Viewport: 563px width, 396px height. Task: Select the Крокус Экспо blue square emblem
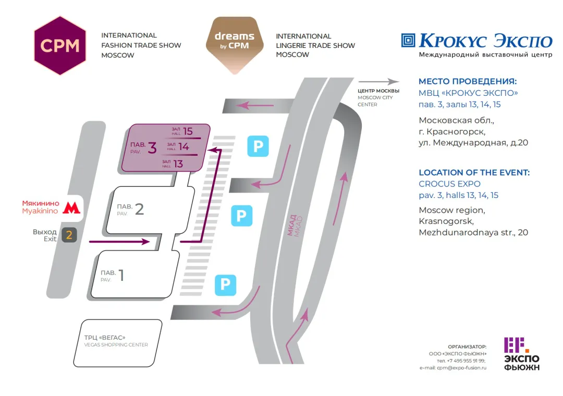(408, 40)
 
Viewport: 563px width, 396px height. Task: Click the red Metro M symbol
(69, 207)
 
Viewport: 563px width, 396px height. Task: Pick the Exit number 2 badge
(69, 235)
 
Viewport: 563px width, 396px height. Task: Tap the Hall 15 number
(188, 131)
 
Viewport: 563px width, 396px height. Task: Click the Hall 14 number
(183, 147)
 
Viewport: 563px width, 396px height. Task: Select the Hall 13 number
(178, 164)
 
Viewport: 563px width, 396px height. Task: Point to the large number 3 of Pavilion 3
(152, 148)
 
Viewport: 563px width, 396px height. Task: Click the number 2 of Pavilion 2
(139, 209)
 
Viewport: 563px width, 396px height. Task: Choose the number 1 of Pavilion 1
(121, 275)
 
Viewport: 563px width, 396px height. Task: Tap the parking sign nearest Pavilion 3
(258, 146)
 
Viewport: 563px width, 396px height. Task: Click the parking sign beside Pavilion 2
(241, 215)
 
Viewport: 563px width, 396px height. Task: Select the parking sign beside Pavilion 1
(225, 284)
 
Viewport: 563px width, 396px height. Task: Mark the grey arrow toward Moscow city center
(378, 81)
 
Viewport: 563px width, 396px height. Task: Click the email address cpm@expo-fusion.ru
(453, 367)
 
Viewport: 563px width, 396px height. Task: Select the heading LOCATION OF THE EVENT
(474, 172)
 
